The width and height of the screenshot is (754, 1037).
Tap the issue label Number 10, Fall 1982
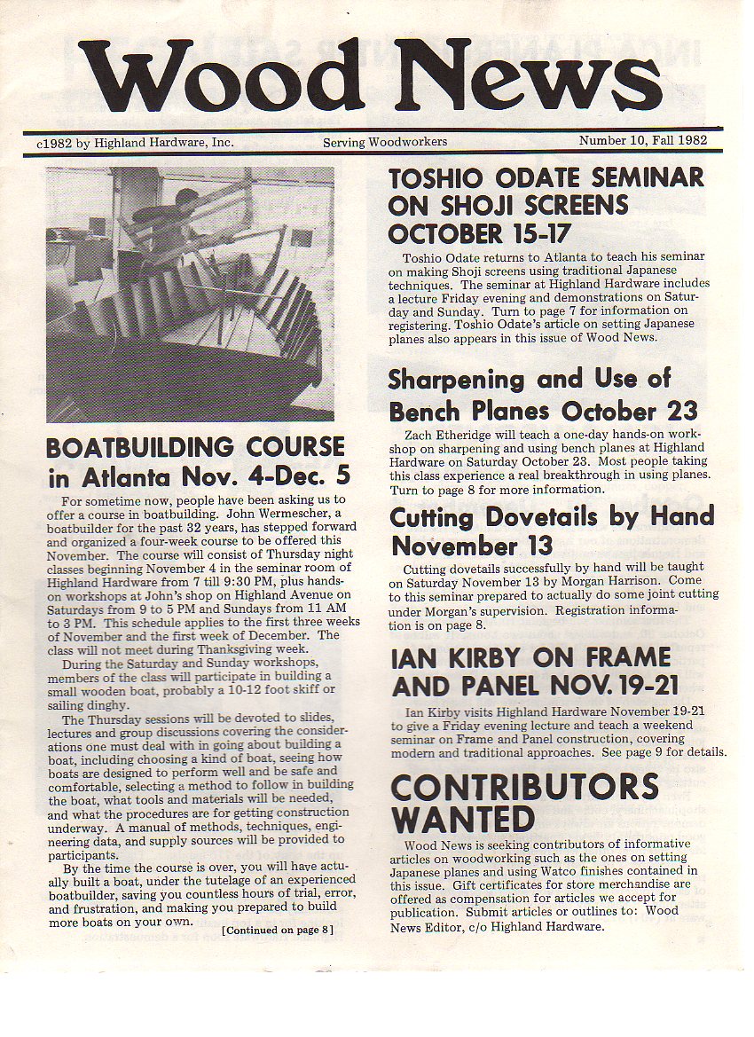[648, 141]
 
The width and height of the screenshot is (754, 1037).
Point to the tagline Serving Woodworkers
[384, 142]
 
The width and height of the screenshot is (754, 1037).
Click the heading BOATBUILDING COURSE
[195, 446]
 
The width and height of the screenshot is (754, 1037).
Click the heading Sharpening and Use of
[529, 380]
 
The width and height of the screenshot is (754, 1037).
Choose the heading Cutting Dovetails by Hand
[552, 516]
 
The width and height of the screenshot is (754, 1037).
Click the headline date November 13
[472, 545]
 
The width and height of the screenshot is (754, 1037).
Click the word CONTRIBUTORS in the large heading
[524, 787]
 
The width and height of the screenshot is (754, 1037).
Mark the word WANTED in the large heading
[463, 819]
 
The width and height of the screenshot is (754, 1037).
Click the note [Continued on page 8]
[278, 930]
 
